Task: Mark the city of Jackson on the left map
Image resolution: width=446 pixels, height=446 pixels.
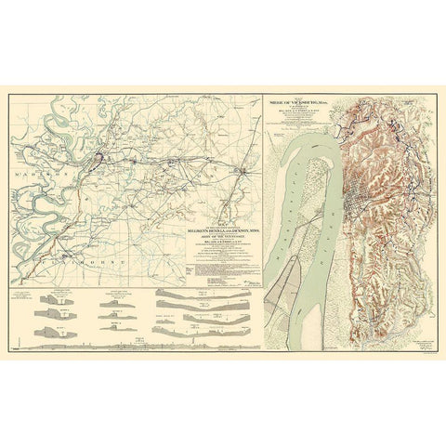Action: click(243, 170)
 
